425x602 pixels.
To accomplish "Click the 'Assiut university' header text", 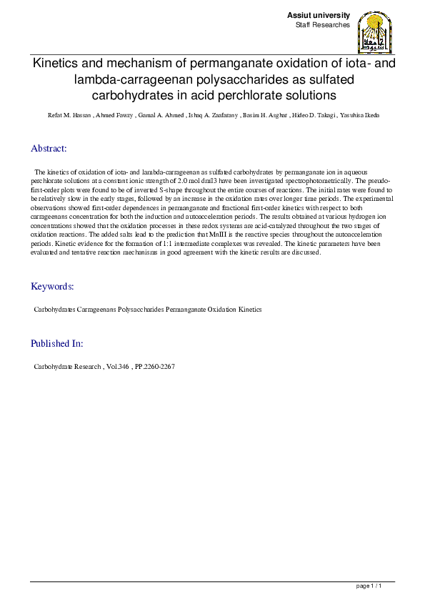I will (x=319, y=15).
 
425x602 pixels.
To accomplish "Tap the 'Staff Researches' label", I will (x=323, y=25).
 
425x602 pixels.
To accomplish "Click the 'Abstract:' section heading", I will (x=49, y=149).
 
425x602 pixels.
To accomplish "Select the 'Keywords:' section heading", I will (x=52, y=287).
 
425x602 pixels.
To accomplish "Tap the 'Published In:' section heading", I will (x=56, y=343).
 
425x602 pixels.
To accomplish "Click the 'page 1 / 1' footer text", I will (x=374, y=586).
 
